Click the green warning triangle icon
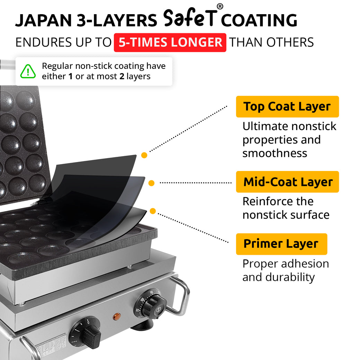point(28,71)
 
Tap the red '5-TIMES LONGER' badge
point(170,43)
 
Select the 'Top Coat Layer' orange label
point(287,107)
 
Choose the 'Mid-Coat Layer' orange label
point(288,182)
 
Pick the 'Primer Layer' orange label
point(281,244)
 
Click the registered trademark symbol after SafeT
point(220,7)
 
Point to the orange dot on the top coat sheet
point(144,155)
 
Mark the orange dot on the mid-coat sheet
point(151,183)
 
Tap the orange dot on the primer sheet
point(153,211)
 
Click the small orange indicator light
point(117,316)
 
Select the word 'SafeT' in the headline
point(189,18)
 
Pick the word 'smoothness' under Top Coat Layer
point(274,153)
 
